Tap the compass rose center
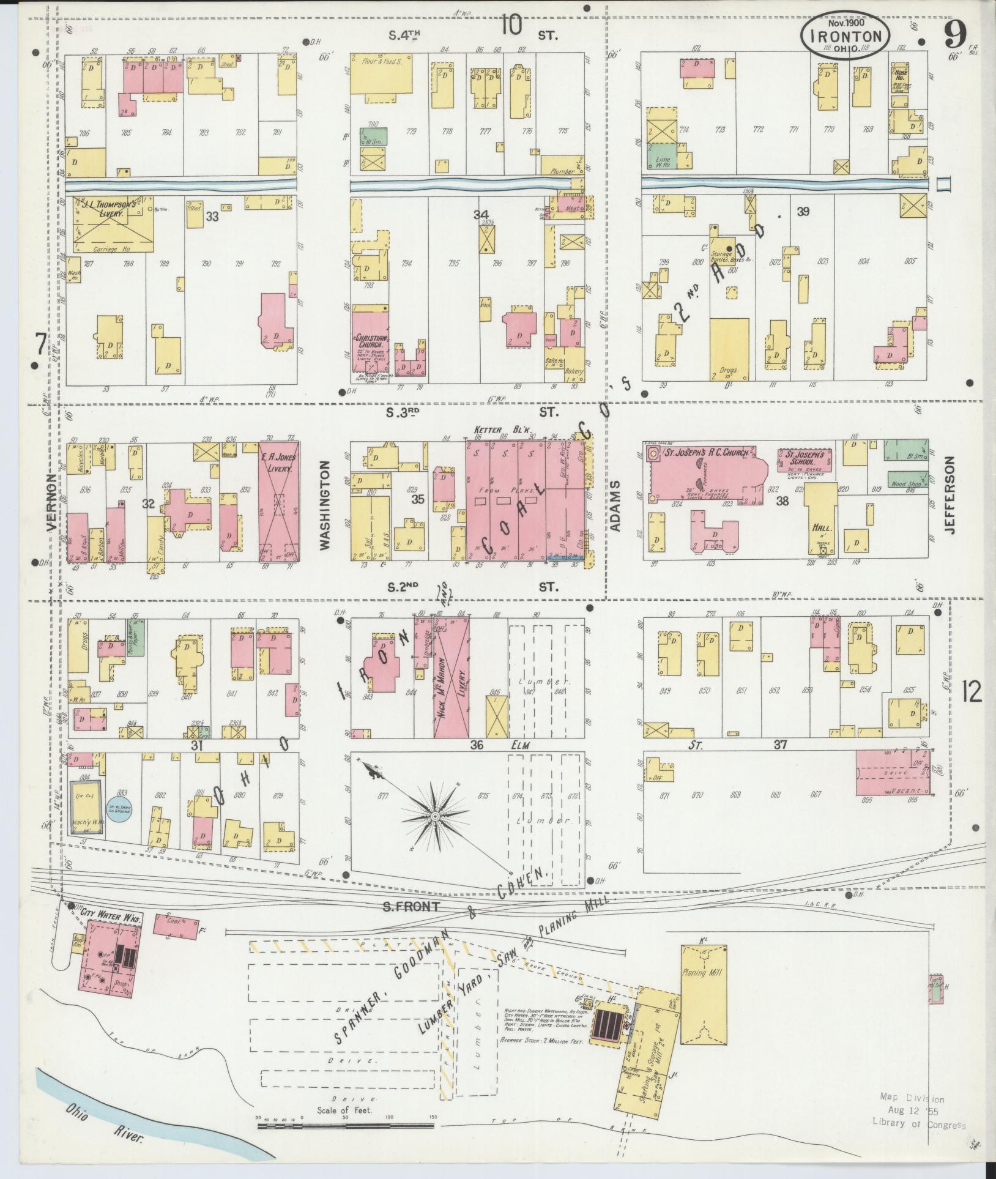435,816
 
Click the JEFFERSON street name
950,496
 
